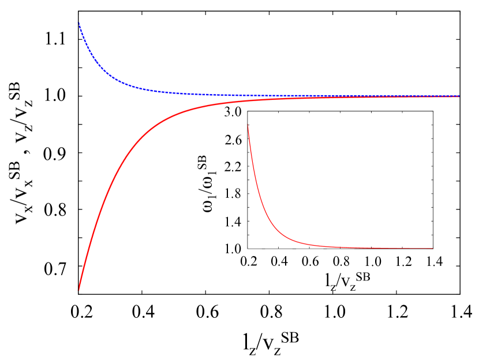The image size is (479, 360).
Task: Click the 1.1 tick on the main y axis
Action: point(55,39)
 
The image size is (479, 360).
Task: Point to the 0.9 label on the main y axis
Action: point(55,153)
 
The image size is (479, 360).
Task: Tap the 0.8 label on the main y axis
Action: point(55,209)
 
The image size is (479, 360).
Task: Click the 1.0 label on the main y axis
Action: point(55,95)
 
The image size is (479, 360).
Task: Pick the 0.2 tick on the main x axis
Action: point(81,312)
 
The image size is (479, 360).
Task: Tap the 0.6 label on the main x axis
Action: point(207,312)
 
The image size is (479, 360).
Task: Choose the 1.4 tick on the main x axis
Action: point(462,312)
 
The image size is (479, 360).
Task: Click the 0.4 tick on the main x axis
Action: point(143,312)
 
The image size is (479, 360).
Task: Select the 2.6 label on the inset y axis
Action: point(233,140)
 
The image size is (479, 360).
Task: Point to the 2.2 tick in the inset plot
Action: point(233,167)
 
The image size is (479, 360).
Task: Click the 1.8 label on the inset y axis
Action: point(233,193)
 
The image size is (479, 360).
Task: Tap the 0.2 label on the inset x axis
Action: point(248,261)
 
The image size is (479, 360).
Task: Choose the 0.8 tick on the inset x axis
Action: point(342,261)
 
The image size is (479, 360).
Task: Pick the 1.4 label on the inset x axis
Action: point(434,261)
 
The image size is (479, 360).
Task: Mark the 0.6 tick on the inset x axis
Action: point(310,261)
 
